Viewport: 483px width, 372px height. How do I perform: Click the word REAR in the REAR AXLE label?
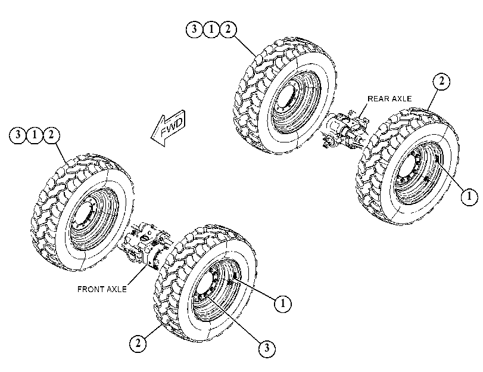[377, 99]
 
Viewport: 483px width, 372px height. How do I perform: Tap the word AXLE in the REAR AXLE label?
[400, 99]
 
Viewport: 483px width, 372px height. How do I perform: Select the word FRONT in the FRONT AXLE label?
[89, 289]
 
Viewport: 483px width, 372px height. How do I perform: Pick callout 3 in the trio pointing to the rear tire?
[194, 29]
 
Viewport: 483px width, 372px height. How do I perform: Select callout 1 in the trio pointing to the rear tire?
[211, 29]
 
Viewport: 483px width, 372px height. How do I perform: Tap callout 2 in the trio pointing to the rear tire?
[228, 29]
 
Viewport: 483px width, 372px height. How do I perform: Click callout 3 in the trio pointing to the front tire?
[18, 135]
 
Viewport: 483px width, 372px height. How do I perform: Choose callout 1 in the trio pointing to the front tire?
[35, 135]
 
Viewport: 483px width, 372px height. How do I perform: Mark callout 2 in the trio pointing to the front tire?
[51, 135]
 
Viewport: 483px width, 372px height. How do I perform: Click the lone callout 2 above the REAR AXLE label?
[441, 82]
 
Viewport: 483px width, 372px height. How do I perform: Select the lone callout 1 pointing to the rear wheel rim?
[469, 196]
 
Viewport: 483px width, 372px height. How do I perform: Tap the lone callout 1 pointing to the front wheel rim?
[283, 304]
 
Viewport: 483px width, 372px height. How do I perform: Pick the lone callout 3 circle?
[267, 349]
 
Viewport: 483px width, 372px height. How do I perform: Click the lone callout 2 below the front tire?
[138, 343]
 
